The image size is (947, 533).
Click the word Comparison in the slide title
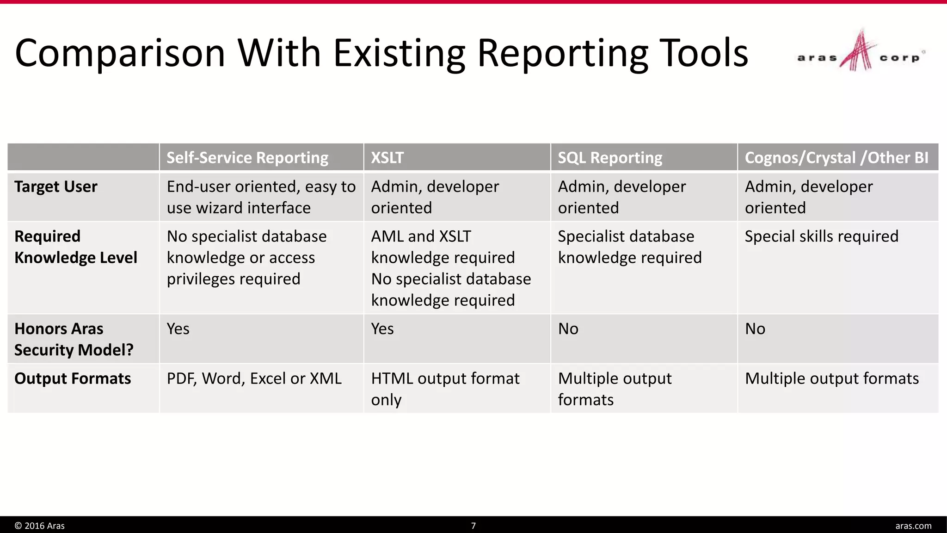tap(120, 53)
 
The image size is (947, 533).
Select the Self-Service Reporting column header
tap(247, 158)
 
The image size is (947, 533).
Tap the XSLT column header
tap(387, 158)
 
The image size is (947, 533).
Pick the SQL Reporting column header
tap(610, 158)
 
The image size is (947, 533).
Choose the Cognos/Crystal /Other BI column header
tap(836, 158)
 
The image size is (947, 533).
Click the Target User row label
tap(56, 186)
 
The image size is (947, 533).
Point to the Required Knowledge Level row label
tap(76, 247)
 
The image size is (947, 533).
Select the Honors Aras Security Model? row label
tap(74, 339)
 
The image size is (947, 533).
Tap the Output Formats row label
tap(73, 378)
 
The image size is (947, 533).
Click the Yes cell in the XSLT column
tap(382, 329)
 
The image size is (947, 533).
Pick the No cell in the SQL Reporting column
tap(568, 329)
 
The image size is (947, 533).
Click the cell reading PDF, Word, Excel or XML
tap(254, 378)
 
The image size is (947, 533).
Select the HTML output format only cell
tap(445, 389)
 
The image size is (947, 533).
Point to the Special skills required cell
tap(822, 236)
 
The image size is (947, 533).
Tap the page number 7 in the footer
tap(473, 526)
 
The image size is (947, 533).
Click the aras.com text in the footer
tap(913, 526)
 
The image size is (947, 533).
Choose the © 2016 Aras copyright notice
tap(40, 526)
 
